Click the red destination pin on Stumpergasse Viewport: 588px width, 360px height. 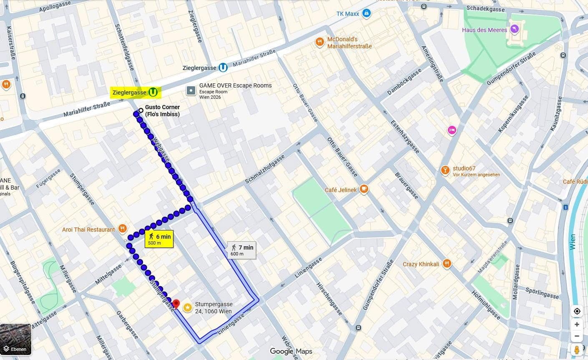coord(176,304)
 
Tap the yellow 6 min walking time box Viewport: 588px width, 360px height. coord(159,239)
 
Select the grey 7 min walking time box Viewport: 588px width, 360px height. coord(241,250)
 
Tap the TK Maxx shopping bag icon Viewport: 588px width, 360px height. coord(366,13)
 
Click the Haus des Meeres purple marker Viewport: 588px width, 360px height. coord(514,28)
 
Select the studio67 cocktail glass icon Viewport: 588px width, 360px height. coord(445,170)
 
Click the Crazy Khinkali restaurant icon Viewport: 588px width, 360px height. coord(447,263)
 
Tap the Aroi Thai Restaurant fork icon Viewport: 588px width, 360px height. coord(122,228)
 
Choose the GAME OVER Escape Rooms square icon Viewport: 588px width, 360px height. coord(191,90)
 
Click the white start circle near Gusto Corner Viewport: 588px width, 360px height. coord(141,110)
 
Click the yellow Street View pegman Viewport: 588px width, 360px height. coord(577,349)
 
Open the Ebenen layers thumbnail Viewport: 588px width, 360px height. coord(16,339)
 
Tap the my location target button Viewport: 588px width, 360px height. coord(577,311)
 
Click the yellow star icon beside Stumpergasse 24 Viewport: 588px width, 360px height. coord(188,308)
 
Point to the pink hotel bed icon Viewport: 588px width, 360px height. coord(452,130)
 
